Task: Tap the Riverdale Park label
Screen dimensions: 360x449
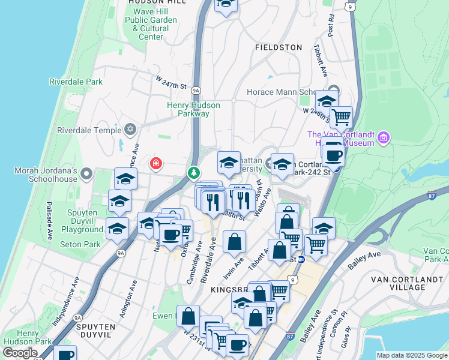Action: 76,82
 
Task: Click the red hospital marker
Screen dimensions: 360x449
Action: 156,163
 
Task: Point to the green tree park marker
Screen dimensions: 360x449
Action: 193,173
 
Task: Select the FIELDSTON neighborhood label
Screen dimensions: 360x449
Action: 278,47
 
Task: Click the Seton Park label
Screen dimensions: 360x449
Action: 80,244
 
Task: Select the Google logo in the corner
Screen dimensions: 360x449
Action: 20,353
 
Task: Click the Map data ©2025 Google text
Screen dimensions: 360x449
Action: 412,355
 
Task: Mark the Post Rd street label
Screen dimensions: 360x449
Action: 331,24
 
